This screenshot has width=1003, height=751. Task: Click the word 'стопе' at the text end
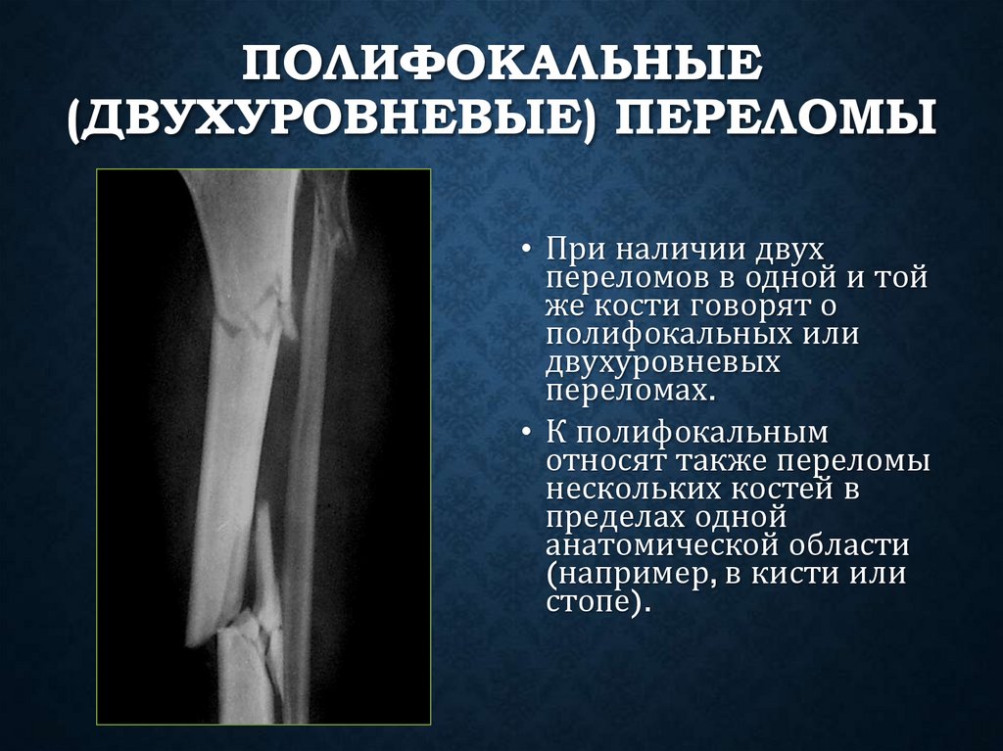(589, 601)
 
